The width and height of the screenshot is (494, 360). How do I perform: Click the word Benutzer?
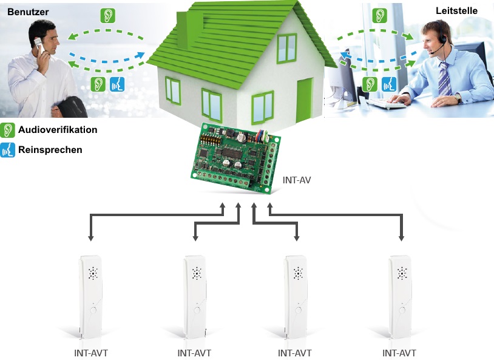point(28,12)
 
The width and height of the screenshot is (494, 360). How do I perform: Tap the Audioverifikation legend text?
point(58,130)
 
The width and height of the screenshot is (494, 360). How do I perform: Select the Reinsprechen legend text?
point(50,149)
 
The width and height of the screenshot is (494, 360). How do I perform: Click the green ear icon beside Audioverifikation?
point(8,130)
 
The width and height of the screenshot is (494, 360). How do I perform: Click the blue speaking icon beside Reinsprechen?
point(8,149)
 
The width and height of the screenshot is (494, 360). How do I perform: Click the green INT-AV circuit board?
point(233,158)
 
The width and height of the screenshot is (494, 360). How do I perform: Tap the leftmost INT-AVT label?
point(92,352)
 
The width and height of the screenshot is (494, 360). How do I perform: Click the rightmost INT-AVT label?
point(399,352)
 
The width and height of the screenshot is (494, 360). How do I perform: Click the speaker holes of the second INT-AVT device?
point(197,274)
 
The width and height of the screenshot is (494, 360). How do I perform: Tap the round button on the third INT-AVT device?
point(298,310)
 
